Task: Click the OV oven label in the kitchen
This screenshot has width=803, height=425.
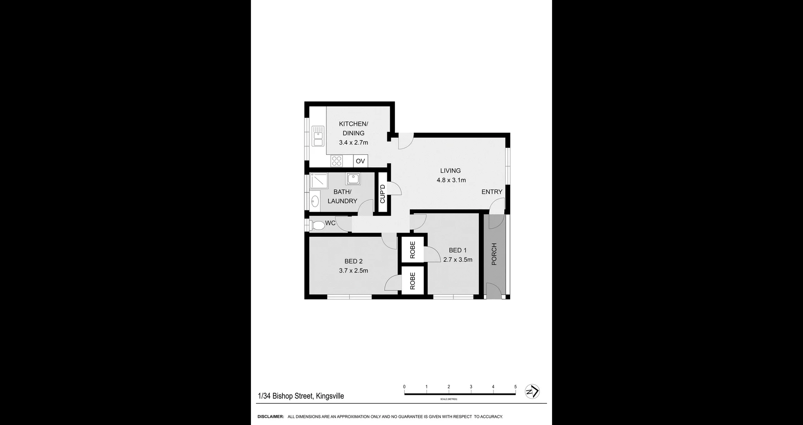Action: pyautogui.click(x=360, y=161)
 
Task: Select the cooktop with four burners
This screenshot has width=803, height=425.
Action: pyautogui.click(x=337, y=161)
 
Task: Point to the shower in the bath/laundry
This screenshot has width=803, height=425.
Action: pyautogui.click(x=319, y=181)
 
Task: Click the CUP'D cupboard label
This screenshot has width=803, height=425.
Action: pyautogui.click(x=382, y=194)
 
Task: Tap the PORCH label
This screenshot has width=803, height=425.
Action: pyautogui.click(x=494, y=254)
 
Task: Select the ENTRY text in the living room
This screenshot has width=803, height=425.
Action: pyautogui.click(x=491, y=192)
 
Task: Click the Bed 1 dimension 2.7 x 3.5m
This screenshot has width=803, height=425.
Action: pyautogui.click(x=458, y=260)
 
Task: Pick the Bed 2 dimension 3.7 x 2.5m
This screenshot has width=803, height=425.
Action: pyautogui.click(x=353, y=271)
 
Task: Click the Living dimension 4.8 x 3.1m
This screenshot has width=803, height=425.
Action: pyautogui.click(x=451, y=180)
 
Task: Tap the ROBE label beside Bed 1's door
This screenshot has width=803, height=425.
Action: pyautogui.click(x=412, y=250)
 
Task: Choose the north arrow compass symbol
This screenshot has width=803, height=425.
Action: pyautogui.click(x=532, y=392)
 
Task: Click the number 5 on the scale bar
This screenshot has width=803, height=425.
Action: pyautogui.click(x=515, y=387)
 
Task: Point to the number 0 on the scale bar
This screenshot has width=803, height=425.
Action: pyautogui.click(x=404, y=387)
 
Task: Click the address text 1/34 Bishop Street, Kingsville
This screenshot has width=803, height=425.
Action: pyautogui.click(x=301, y=396)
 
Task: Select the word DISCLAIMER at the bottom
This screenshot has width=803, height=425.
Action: pyautogui.click(x=271, y=417)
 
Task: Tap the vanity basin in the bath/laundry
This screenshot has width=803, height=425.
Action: pyautogui.click(x=315, y=201)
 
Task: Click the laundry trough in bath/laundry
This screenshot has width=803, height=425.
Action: pyautogui.click(x=353, y=179)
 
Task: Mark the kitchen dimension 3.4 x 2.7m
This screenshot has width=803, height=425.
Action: pyautogui.click(x=353, y=143)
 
